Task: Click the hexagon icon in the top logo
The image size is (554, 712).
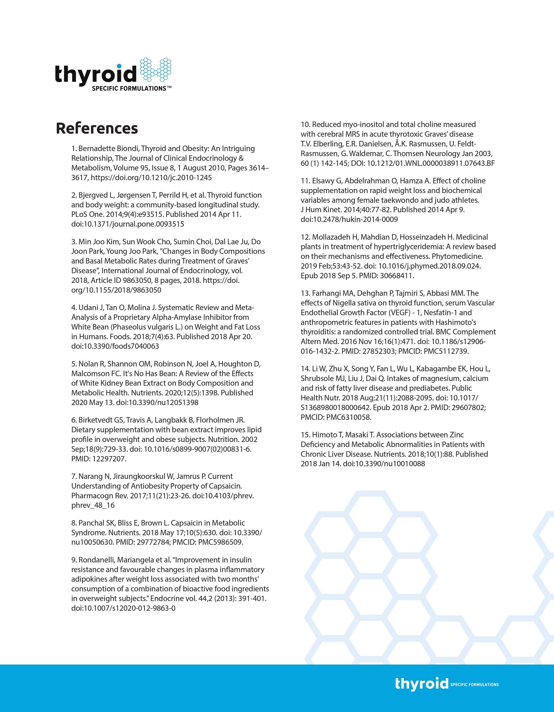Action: [156, 69]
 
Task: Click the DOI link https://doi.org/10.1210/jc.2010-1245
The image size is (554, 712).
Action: [151, 178]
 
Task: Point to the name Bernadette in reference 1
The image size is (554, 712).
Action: [96, 149]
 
